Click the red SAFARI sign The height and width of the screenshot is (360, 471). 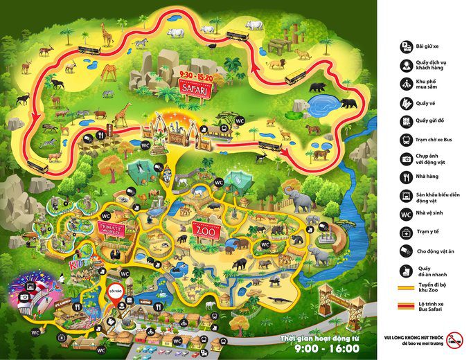pos(193,89)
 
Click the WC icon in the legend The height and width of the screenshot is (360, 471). pos(407,213)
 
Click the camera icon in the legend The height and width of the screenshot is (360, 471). pos(407,159)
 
